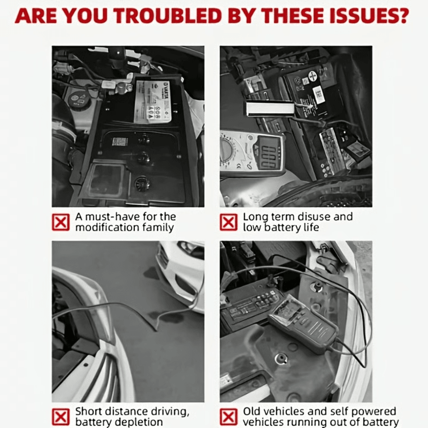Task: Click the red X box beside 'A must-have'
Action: point(61,222)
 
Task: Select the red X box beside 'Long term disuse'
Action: point(229,222)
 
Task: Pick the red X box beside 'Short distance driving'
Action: point(61,416)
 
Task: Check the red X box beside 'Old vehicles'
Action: point(229,416)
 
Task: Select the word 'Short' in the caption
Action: point(88,411)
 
